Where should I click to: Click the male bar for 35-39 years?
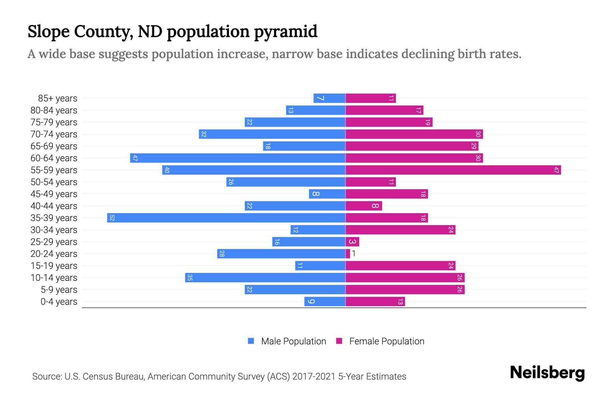point(226,218)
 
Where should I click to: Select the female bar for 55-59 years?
point(453,170)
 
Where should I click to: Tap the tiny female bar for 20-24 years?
point(348,254)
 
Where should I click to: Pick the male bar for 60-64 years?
point(238,158)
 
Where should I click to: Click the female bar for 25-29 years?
point(352,242)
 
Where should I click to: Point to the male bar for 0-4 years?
point(325,302)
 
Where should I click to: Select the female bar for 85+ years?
point(370,98)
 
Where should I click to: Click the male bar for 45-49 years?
point(327,194)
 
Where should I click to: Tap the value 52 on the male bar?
point(112,218)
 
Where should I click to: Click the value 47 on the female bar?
point(556,170)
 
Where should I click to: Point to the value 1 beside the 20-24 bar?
point(354,254)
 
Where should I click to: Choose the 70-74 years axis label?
point(54,134)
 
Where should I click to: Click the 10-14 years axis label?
point(54,278)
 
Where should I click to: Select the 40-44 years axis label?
point(54,206)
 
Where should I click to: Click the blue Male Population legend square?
point(251,341)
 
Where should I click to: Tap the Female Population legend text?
point(386,341)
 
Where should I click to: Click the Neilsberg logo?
point(547,373)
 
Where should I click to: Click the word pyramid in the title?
point(286,32)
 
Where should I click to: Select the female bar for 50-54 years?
point(370,182)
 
